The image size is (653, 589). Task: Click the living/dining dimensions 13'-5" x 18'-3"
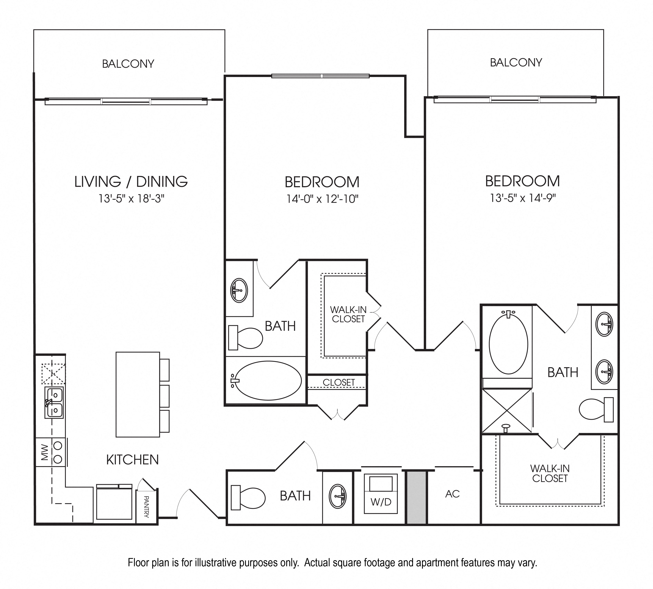[132, 198]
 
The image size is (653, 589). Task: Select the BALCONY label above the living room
[128, 64]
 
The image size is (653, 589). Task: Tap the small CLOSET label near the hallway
[339, 382]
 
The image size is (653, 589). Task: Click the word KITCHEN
[133, 459]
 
